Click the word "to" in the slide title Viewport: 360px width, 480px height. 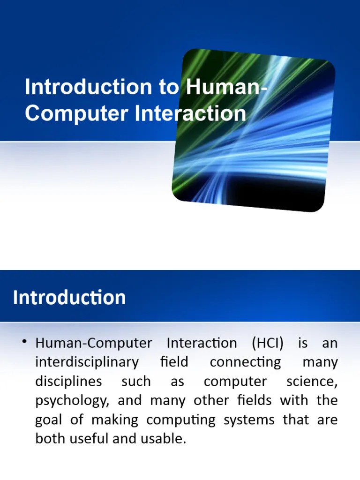pyautogui.click(x=166, y=87)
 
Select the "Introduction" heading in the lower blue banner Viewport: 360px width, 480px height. pyautogui.click(x=69, y=298)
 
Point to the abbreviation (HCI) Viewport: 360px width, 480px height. pyautogui.click(x=268, y=343)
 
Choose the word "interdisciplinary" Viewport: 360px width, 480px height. pyautogui.click(x=87, y=362)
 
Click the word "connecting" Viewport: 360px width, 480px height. pyautogui.click(x=245, y=362)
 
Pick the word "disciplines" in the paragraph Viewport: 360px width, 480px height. pyautogui.click(x=68, y=382)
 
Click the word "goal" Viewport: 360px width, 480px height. pyautogui.click(x=49, y=420)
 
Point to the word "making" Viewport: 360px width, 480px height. pyautogui.click(x=115, y=420)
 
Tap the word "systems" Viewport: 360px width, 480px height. pyautogui.click(x=248, y=420)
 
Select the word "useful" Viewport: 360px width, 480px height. pyautogui.click(x=88, y=439)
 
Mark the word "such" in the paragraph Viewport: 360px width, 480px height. pyautogui.click(x=136, y=382)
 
